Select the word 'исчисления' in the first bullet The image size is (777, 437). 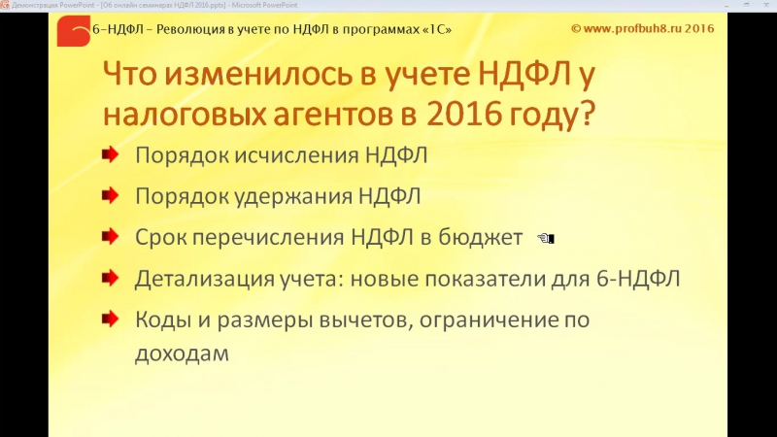point(294,155)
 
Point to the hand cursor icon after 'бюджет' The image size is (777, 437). point(545,238)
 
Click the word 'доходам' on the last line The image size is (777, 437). point(182,353)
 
